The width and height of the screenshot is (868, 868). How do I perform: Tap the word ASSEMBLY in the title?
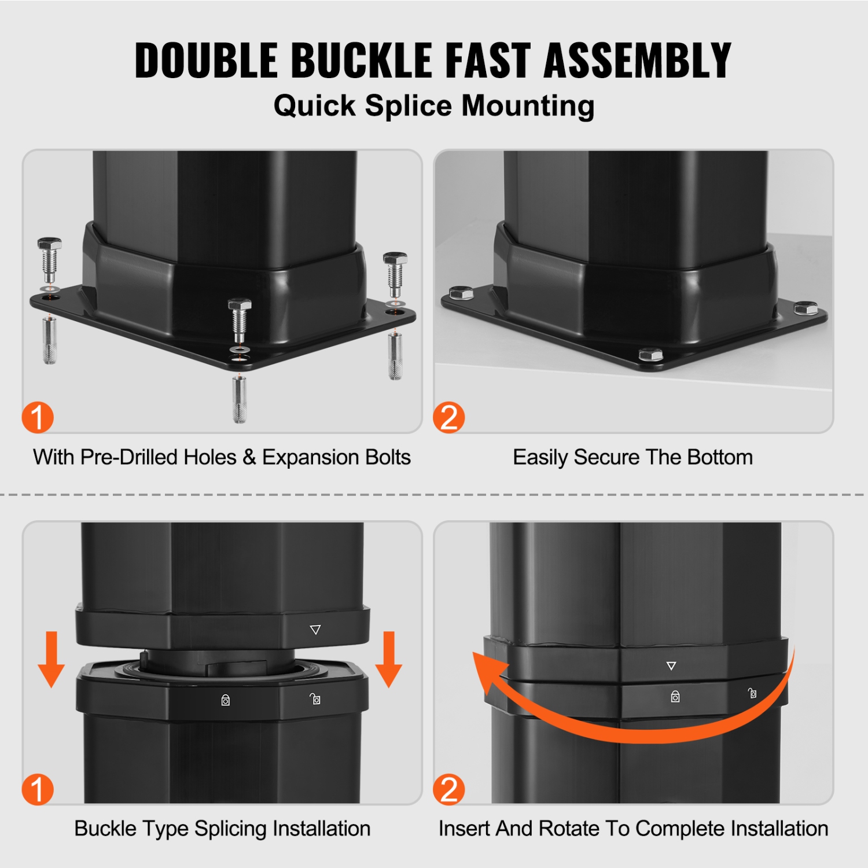tap(638, 60)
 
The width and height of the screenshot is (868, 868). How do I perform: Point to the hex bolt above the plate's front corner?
tap(240, 321)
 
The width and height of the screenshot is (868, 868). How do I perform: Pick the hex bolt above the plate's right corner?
tap(395, 275)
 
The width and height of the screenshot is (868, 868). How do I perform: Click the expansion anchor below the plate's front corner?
tap(240, 399)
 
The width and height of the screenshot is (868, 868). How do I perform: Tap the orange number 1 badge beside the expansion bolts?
tap(38, 418)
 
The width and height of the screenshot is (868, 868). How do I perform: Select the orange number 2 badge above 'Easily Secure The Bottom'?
tap(449, 418)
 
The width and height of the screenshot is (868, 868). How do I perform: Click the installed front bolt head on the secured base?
tap(650, 354)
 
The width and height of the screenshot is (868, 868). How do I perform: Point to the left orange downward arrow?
tap(52, 659)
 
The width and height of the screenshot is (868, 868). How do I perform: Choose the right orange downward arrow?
tap(389, 659)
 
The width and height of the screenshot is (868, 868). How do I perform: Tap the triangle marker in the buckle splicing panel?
tap(315, 630)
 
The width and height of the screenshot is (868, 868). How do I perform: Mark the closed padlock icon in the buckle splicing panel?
tap(226, 700)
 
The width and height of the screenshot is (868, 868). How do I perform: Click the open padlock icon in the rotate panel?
tap(752, 693)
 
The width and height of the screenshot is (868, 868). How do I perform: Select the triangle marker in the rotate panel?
tap(671, 666)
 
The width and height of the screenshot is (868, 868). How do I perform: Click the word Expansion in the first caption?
tap(303, 457)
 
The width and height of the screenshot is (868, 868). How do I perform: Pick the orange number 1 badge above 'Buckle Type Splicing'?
tap(38, 789)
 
